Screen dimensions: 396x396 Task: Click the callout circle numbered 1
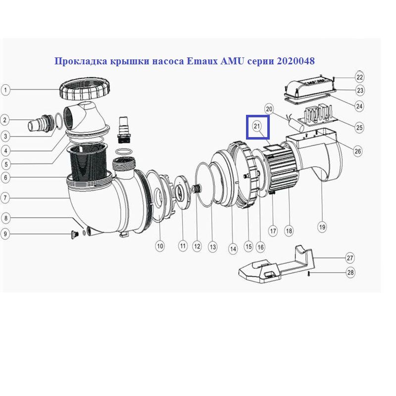tap(5, 90)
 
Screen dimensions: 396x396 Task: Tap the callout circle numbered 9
tap(5, 234)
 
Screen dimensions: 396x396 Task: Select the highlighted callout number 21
tap(257, 126)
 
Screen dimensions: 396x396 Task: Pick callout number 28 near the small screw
tap(350, 273)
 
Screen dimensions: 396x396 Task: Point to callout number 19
tap(322, 227)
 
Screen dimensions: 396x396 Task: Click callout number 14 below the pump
tap(233, 249)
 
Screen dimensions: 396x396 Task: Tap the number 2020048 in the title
tap(296, 61)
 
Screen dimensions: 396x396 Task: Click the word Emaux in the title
tap(202, 61)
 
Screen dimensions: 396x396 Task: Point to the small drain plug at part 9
tap(75, 234)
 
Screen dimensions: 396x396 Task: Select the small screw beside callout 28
tap(308, 273)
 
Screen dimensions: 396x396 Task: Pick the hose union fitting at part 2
tap(41, 123)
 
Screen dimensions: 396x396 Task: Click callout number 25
tap(359, 127)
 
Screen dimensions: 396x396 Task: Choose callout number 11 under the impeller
tap(183, 246)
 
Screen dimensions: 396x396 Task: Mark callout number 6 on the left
tap(5, 177)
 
